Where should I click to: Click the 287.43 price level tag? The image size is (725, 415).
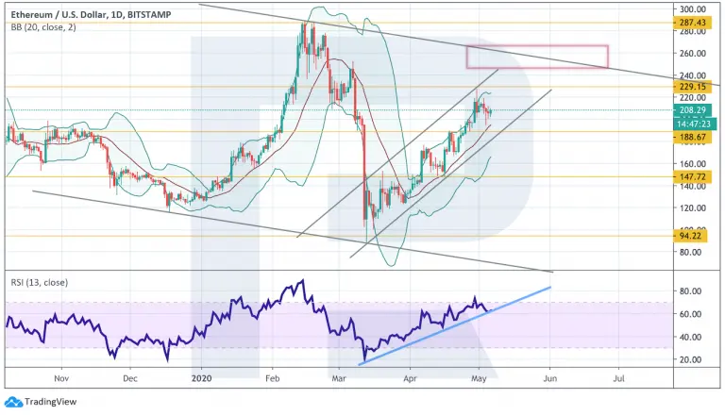point(692,23)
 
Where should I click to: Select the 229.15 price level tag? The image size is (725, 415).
point(692,87)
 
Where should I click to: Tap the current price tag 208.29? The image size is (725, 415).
point(692,110)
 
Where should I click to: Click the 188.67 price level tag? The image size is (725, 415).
point(692,138)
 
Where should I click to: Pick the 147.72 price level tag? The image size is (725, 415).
point(692,177)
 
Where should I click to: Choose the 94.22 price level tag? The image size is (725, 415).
point(690,236)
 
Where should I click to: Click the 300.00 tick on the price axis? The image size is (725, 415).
point(693,8)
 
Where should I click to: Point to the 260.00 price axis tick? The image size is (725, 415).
point(693,53)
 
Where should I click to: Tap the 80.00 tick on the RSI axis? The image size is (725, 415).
point(691,291)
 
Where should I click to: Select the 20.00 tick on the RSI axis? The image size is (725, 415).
point(691,359)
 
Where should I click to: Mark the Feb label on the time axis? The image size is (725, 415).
point(272,378)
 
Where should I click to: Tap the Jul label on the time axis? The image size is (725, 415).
point(618,378)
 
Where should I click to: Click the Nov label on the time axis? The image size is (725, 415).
point(61,378)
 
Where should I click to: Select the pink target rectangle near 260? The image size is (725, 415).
point(537,46)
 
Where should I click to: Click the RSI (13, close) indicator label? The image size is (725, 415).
point(40,282)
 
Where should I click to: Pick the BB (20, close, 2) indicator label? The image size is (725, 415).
point(43,27)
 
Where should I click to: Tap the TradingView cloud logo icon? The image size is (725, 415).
point(13,402)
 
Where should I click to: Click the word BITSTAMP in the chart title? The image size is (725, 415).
point(149,15)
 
